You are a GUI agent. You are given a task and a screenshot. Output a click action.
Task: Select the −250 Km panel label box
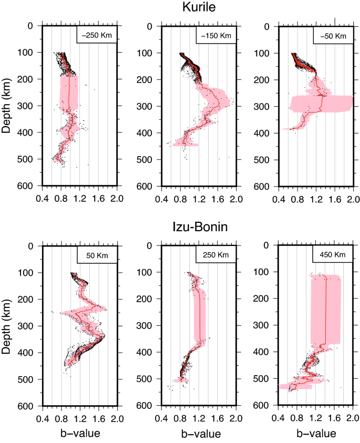[97, 36]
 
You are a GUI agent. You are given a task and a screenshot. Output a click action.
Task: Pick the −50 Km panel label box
[333, 36]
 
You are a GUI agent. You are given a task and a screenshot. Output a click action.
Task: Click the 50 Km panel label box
[97, 256]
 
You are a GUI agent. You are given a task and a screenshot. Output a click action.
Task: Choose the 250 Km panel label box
[215, 256]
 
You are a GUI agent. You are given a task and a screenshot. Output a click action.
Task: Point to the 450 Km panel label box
[333, 256]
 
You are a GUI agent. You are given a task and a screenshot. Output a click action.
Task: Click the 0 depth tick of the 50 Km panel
[33, 246]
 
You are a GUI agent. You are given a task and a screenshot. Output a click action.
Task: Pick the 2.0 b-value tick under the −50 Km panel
[353, 199]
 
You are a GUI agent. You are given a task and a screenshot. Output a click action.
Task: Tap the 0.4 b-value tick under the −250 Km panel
[42, 199]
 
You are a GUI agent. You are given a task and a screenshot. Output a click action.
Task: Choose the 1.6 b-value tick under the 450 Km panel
[334, 419]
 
